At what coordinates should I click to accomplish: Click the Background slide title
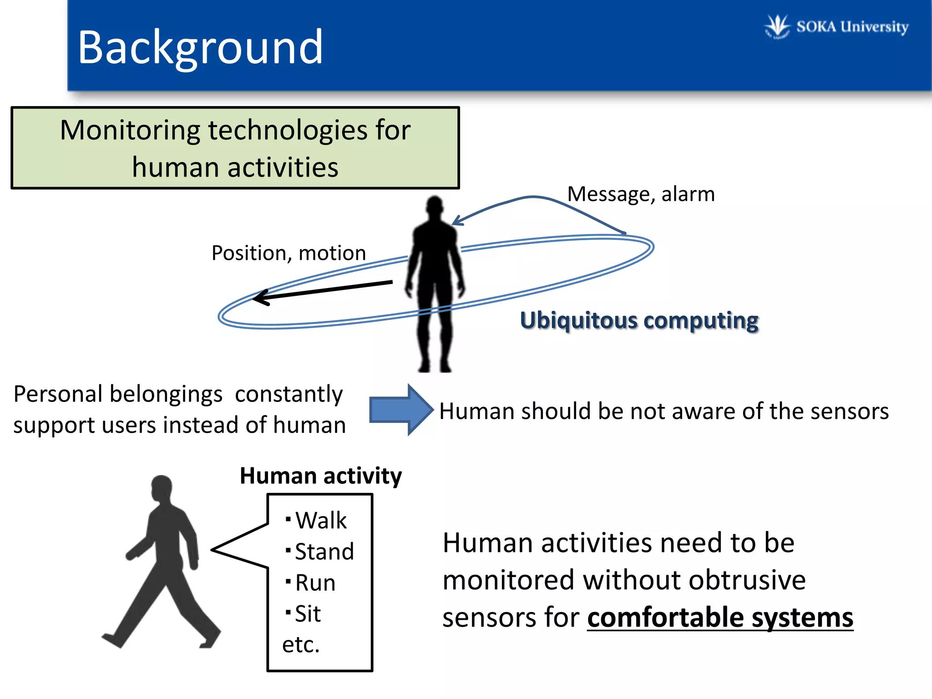click(200, 47)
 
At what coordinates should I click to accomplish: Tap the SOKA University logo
click(836, 26)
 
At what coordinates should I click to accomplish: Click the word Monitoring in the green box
click(130, 131)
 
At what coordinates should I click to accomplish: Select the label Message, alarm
click(641, 194)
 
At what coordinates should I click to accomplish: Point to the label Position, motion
click(289, 253)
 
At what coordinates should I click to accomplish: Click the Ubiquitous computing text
click(639, 320)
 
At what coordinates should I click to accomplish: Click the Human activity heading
click(321, 476)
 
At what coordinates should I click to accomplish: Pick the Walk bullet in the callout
click(320, 520)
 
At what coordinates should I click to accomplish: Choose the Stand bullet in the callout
click(324, 552)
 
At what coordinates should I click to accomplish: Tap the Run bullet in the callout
click(315, 583)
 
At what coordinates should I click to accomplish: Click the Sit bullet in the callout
click(308, 614)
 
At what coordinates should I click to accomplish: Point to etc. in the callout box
click(301, 645)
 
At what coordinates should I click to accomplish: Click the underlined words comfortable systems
click(720, 618)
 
